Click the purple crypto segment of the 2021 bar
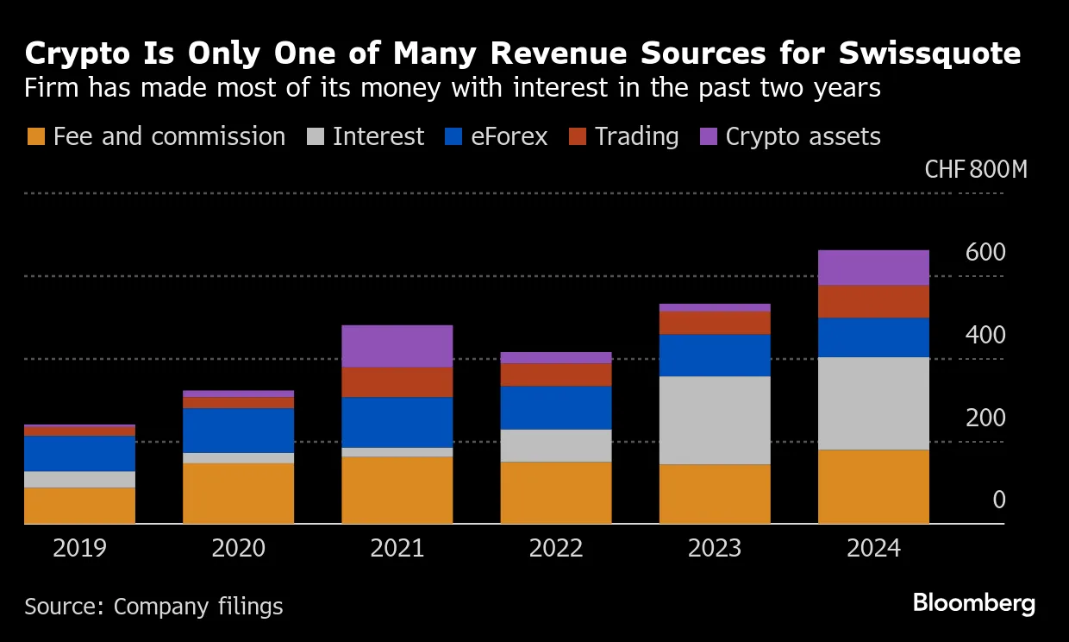click(x=397, y=346)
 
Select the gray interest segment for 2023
click(x=715, y=420)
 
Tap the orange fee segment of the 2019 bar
click(x=80, y=506)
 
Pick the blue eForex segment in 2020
click(x=239, y=431)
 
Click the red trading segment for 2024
click(x=873, y=301)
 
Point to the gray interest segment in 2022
click(x=556, y=445)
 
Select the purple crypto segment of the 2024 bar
click(x=873, y=267)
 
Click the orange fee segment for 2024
click(x=873, y=487)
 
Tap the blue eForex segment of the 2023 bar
click(x=715, y=355)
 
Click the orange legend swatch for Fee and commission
click(x=36, y=137)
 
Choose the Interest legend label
click(x=378, y=137)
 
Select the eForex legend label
click(x=509, y=137)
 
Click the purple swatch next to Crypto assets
click(x=709, y=137)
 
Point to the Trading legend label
click(x=636, y=137)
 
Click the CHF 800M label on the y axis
click(x=975, y=169)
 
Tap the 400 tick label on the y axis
click(x=985, y=335)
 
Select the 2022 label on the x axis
click(x=556, y=548)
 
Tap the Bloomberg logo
click(x=973, y=602)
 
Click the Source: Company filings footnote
click(x=153, y=607)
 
